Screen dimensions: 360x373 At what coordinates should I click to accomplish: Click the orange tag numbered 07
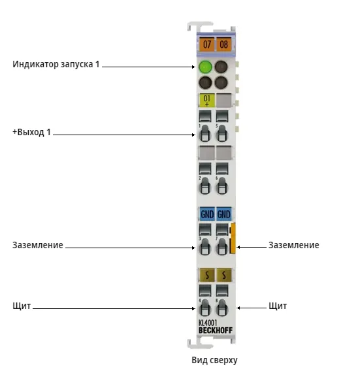click(x=206, y=44)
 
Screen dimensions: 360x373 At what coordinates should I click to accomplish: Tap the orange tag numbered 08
click(x=223, y=44)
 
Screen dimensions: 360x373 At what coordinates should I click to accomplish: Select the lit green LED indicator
click(x=205, y=67)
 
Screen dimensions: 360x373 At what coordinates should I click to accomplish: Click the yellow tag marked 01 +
click(x=206, y=100)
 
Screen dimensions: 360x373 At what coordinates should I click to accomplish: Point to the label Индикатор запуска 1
click(x=56, y=64)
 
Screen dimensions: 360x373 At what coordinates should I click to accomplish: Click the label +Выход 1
click(x=31, y=132)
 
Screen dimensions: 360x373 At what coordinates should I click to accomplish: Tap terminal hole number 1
click(x=205, y=133)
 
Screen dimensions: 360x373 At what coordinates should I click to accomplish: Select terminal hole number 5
click(x=221, y=133)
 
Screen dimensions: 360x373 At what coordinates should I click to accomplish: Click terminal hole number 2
click(x=205, y=186)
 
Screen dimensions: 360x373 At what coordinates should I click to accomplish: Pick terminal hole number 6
click(x=221, y=186)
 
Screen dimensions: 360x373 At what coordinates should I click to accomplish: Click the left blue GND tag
click(x=207, y=214)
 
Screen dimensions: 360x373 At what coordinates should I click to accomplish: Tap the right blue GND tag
click(x=224, y=214)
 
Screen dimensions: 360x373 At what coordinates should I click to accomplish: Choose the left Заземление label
click(x=38, y=245)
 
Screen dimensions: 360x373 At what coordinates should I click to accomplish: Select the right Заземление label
click(x=294, y=245)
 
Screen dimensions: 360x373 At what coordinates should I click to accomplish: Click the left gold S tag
click(x=206, y=275)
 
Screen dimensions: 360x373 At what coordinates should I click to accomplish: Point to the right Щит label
click(x=278, y=306)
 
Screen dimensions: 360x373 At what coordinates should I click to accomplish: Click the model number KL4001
click(x=208, y=323)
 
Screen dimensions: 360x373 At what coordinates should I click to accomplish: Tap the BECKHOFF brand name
click(x=216, y=331)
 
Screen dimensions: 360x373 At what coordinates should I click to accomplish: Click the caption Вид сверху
click(x=214, y=360)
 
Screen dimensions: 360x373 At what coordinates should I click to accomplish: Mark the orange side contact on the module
click(x=233, y=238)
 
